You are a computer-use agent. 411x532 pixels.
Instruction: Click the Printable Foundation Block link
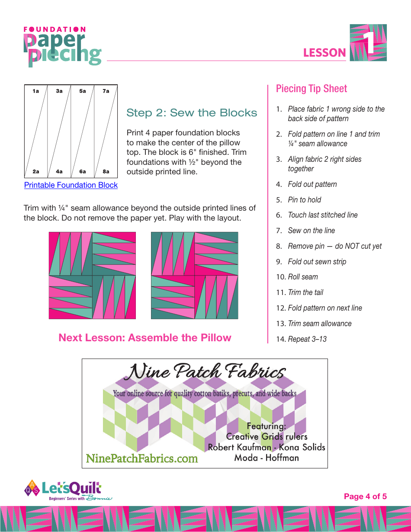click(71, 185)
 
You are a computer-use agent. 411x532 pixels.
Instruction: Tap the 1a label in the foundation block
click(35, 91)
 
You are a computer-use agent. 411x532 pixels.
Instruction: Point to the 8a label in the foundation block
click(106, 172)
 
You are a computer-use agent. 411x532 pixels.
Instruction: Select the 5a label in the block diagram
click(83, 91)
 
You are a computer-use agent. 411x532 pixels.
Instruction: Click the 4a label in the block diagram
click(59, 172)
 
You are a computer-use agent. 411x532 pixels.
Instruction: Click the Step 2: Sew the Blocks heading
click(192, 113)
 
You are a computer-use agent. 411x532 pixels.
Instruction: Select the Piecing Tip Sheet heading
click(311, 89)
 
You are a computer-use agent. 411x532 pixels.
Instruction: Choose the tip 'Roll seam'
click(303, 277)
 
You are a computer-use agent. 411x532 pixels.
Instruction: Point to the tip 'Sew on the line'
click(311, 231)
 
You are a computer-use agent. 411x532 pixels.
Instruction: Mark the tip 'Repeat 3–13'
click(307, 339)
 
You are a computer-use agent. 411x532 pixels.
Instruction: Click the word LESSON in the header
click(324, 53)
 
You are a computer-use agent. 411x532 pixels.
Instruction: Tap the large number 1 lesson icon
click(368, 42)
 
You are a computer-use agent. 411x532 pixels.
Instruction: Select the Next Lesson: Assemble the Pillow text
click(145, 338)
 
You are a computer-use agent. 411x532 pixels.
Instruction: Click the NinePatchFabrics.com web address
click(142, 458)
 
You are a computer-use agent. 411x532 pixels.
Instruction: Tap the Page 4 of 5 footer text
click(365, 497)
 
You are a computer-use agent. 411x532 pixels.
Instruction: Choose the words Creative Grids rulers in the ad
click(267, 436)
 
